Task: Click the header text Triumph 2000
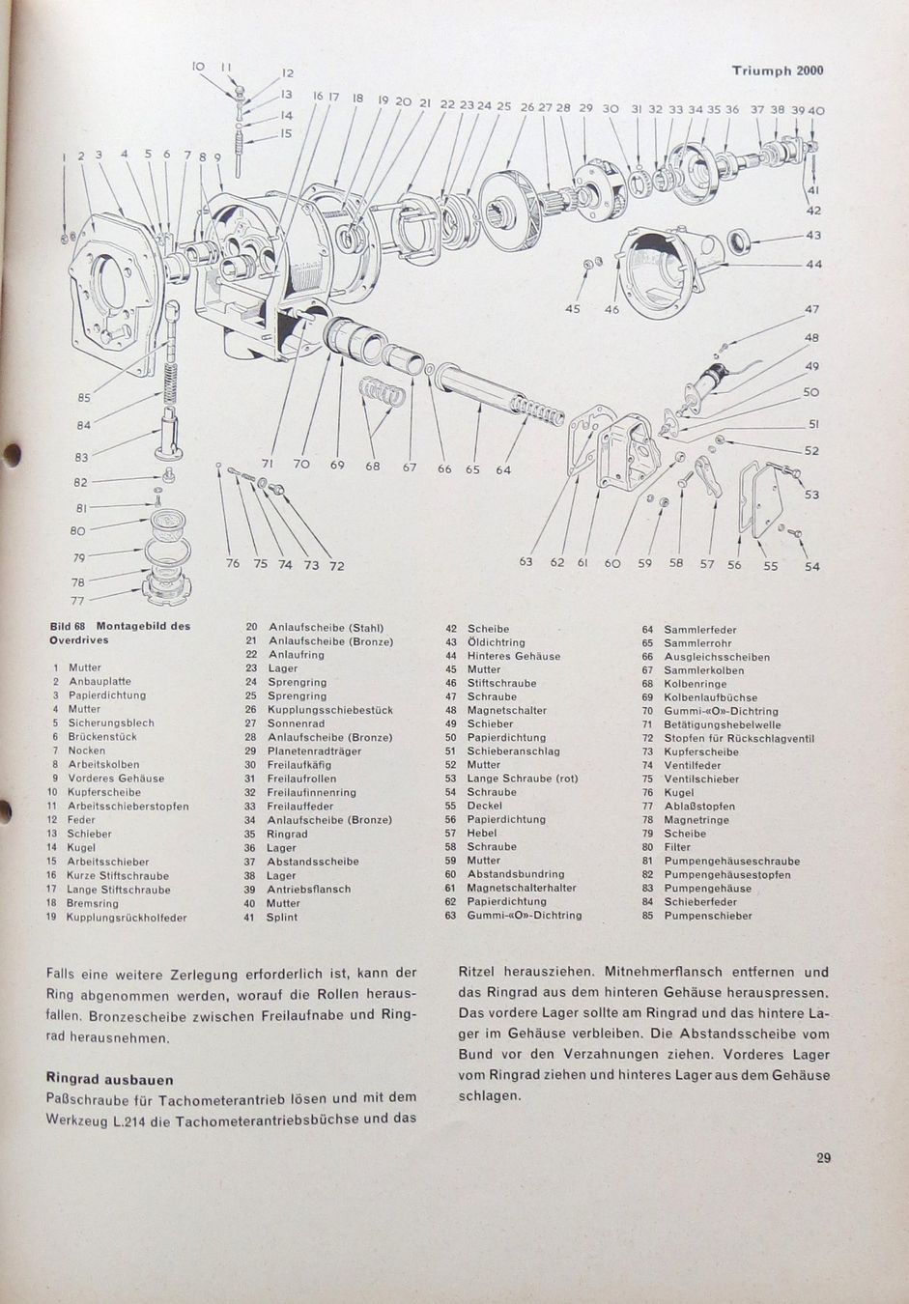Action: pyautogui.click(x=777, y=71)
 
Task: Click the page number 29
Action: pyautogui.click(x=823, y=1159)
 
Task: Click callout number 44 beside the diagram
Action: pyautogui.click(x=813, y=264)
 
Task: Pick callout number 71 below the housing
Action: pyautogui.click(x=268, y=465)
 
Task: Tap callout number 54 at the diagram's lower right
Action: pyautogui.click(x=811, y=567)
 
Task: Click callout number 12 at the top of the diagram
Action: pyautogui.click(x=287, y=72)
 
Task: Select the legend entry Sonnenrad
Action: pyautogui.click(x=297, y=723)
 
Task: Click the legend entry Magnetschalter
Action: pyautogui.click(x=506, y=710)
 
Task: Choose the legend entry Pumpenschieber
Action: pyautogui.click(x=707, y=916)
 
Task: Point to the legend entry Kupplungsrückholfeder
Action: pyautogui.click(x=127, y=918)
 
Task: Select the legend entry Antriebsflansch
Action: pyautogui.click(x=309, y=889)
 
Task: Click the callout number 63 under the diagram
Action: pyautogui.click(x=526, y=563)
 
